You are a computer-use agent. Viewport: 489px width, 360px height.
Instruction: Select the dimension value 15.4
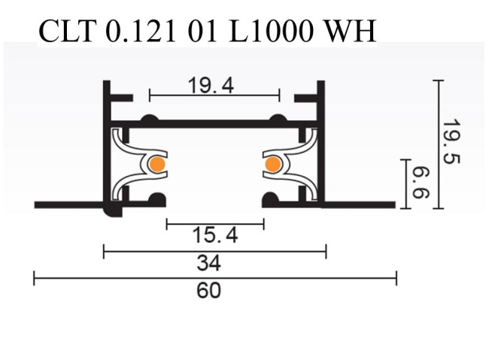coord(216,236)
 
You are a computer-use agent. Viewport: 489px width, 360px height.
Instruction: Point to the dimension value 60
coord(209,290)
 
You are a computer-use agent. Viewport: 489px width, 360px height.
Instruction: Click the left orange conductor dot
coord(156,164)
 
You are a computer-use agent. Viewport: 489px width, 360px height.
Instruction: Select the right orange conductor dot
coord(272,164)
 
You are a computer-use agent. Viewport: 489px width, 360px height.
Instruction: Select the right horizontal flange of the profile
coord(360,204)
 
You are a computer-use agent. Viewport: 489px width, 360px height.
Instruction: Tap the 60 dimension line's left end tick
coord(35,280)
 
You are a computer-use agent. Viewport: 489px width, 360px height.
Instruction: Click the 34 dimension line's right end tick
coord(325,251)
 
